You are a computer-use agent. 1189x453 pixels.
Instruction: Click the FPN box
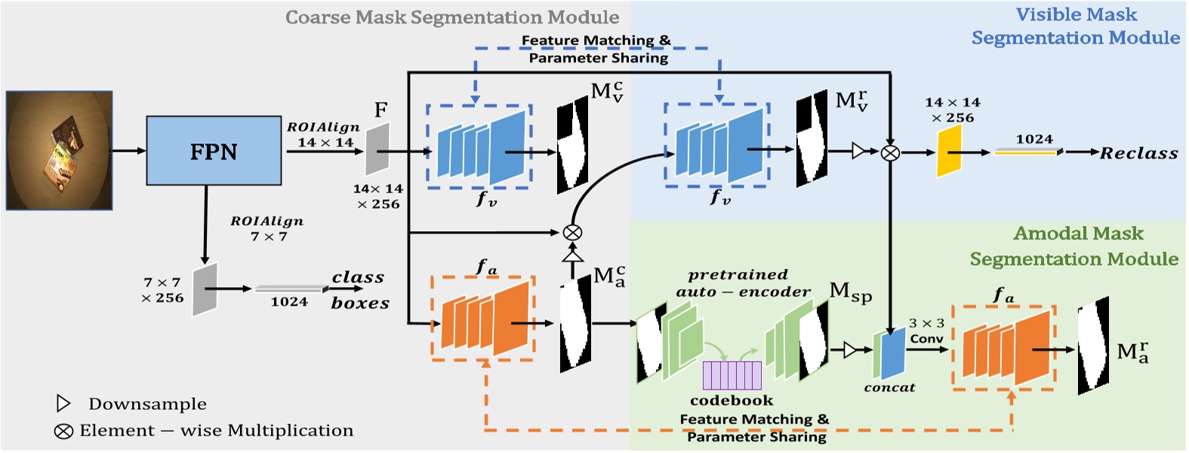click(x=214, y=151)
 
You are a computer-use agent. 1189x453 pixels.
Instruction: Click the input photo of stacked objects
click(x=60, y=150)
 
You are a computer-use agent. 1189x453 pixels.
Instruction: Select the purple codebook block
click(x=732, y=375)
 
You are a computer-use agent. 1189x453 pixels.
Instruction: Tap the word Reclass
click(x=1138, y=153)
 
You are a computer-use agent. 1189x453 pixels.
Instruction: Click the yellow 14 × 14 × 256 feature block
click(x=949, y=152)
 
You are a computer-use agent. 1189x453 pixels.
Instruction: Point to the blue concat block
click(x=889, y=353)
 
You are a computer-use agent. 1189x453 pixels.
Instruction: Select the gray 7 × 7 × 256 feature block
click(x=205, y=289)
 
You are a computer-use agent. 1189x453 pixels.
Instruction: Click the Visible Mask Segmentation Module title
click(x=1076, y=26)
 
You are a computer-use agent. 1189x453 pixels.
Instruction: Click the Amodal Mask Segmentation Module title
click(x=1075, y=246)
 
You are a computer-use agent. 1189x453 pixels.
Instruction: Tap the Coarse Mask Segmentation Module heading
click(x=452, y=17)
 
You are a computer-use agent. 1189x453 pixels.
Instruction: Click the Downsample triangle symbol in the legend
click(x=63, y=403)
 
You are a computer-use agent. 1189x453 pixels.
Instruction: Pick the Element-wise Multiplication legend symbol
click(x=63, y=431)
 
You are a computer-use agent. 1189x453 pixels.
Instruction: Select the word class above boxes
click(x=358, y=278)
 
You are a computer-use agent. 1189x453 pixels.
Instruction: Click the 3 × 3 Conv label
click(x=926, y=331)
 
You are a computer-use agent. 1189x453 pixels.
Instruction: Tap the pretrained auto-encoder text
click(x=743, y=283)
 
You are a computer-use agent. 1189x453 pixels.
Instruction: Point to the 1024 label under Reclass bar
click(x=1033, y=139)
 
